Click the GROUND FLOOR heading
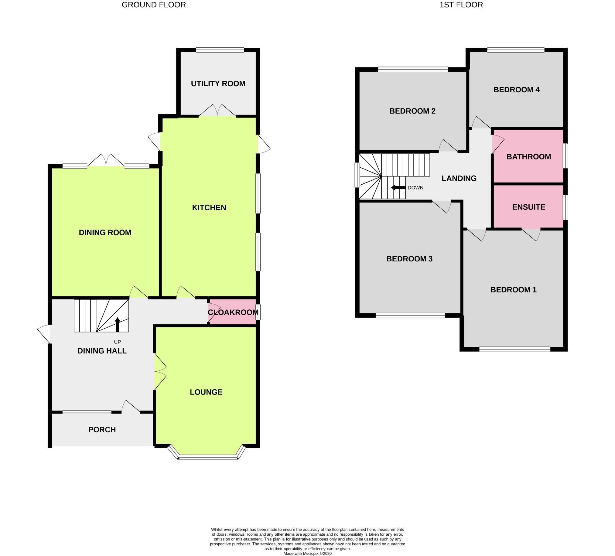point(153,5)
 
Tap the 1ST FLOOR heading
point(461,5)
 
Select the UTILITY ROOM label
point(218,84)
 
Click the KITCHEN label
point(209,207)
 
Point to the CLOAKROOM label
point(233,312)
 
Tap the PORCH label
point(102,429)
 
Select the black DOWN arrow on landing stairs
point(398,188)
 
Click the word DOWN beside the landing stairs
point(415,188)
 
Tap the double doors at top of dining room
point(106,161)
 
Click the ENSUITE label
point(529,207)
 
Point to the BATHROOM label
point(529,157)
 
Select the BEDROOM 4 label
point(517,90)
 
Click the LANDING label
point(459,179)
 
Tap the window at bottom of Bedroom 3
point(410,316)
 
